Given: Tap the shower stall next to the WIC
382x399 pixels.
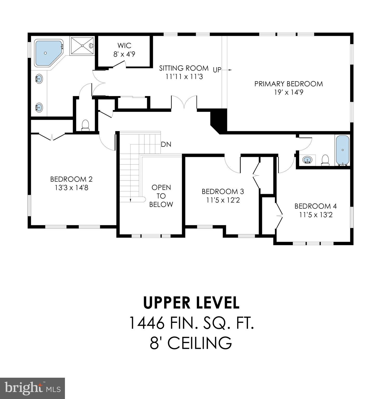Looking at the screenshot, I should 82,46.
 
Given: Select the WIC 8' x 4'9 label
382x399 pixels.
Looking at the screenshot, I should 124,50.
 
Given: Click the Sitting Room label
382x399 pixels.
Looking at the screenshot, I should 184,68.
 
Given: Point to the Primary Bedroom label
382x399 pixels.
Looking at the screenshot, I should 289,84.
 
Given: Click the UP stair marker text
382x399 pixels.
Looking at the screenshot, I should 217,70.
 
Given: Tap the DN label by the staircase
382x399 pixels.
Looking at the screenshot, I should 166,144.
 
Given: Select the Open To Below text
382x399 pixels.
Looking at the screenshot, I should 161,196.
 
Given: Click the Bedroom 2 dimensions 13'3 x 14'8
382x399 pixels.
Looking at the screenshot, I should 71,188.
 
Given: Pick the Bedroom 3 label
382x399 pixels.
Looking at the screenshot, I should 223,192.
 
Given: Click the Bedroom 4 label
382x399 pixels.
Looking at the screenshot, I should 316,206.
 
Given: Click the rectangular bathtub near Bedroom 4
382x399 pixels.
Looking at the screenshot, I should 343,150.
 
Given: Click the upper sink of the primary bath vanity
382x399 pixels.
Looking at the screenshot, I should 39,78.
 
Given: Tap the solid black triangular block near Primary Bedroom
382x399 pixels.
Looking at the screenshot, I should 220,120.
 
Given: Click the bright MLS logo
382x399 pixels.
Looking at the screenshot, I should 32,388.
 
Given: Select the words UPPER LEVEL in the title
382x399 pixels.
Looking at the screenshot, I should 191,303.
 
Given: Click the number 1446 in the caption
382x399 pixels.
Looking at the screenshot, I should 147,323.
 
